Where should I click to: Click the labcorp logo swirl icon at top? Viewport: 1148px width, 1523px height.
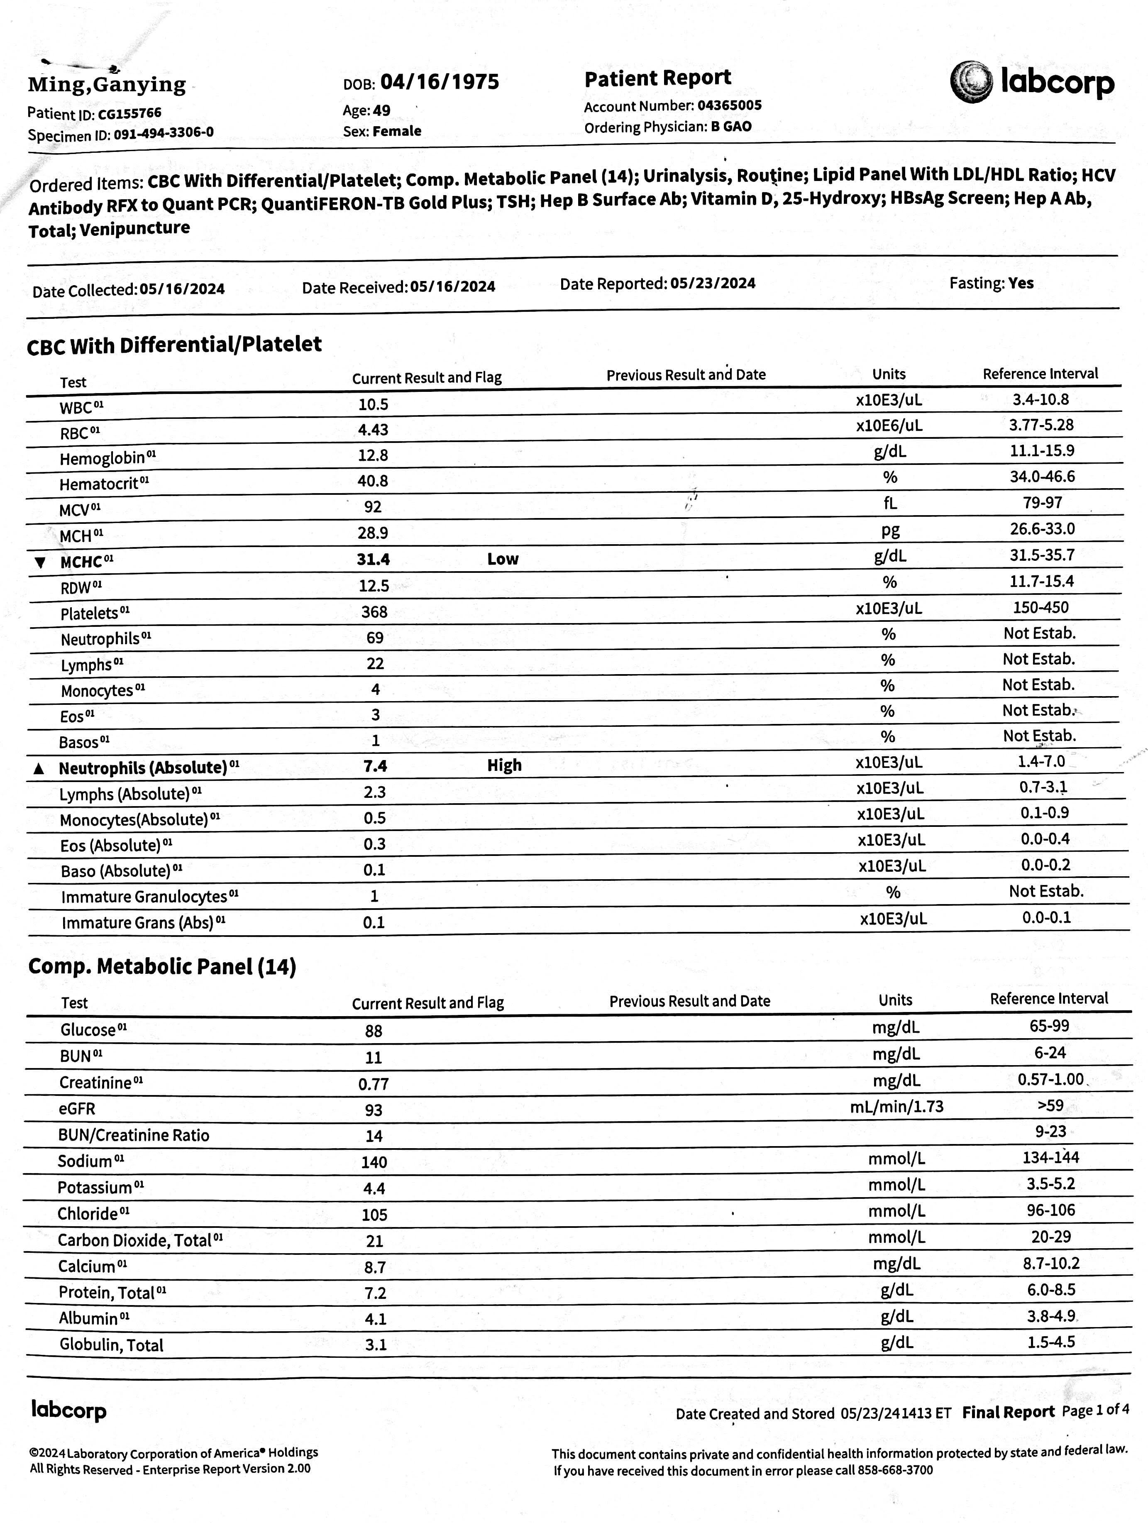click(971, 82)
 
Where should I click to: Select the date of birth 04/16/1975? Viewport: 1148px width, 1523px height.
click(440, 82)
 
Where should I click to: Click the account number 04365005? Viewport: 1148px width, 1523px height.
click(729, 105)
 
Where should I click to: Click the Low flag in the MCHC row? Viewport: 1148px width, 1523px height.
click(503, 559)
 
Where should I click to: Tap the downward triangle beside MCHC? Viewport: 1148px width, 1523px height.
click(40, 562)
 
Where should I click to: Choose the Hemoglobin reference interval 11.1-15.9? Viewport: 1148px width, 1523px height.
click(1043, 451)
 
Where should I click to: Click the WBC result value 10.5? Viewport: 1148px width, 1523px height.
click(373, 404)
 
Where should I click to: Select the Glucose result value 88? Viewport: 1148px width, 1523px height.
click(374, 1031)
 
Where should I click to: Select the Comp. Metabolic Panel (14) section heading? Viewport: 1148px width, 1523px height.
click(162, 967)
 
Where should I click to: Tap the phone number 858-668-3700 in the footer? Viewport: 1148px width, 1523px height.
click(895, 1471)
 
